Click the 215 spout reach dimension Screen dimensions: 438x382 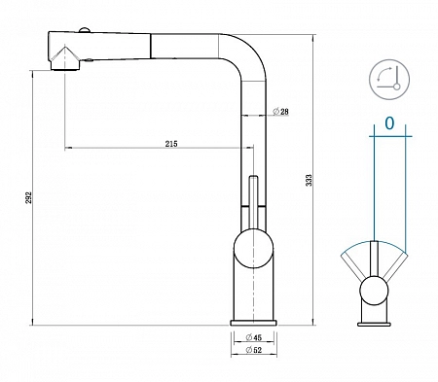[x=171, y=144]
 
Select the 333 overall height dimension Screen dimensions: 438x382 [x=310, y=180]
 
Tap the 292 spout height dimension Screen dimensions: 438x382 [x=29, y=197]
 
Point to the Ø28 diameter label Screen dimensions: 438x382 [x=280, y=112]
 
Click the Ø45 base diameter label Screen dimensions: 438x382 [x=254, y=337]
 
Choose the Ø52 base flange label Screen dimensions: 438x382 [x=254, y=350]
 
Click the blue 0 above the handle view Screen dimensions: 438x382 [x=389, y=123]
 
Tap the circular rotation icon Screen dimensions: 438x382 [x=389, y=79]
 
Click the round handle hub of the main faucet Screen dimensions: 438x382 [x=253, y=249]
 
